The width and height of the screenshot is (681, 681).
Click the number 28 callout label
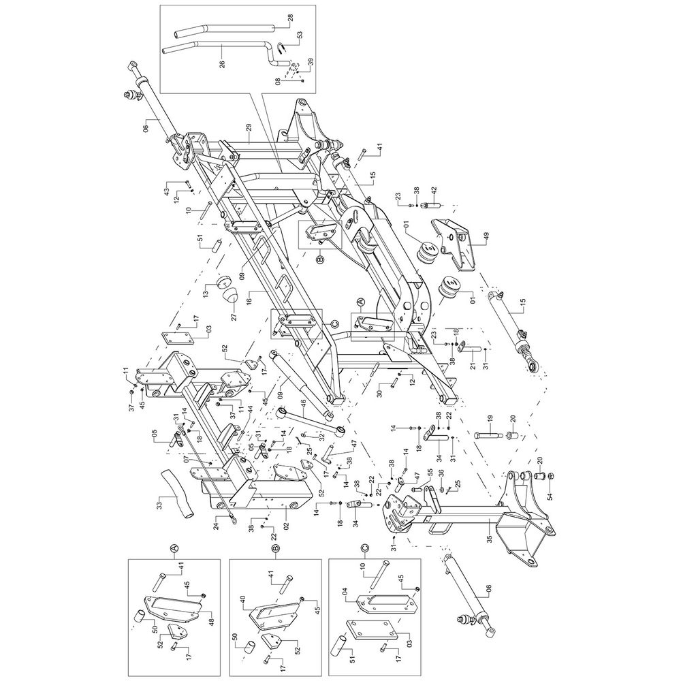291,19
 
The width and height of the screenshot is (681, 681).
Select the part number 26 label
223,64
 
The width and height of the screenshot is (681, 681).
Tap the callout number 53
300,36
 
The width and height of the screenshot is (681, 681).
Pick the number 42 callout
422,191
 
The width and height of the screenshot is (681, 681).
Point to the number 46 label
303,408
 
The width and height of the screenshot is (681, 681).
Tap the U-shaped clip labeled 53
281,47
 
